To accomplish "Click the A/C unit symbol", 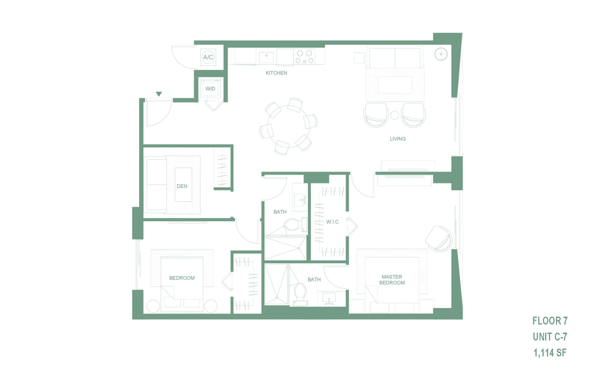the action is (x=208, y=57).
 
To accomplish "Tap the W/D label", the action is (x=210, y=89).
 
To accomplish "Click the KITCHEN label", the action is (x=276, y=73).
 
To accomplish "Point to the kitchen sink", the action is (x=266, y=58).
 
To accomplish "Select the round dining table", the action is (x=288, y=127).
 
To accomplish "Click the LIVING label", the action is (x=398, y=139).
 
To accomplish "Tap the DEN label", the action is (x=182, y=186).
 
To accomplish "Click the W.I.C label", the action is (x=333, y=222).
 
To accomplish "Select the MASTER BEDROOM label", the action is (x=392, y=280).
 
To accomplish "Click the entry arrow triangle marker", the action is (x=159, y=94).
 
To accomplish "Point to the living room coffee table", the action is (x=395, y=85).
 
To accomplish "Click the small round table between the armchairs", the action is (x=394, y=115).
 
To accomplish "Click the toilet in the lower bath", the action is (x=300, y=294).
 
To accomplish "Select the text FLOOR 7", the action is (x=550, y=321).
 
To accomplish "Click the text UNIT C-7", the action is (x=550, y=337).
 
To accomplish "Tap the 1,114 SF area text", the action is (x=550, y=352).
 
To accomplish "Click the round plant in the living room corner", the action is (x=441, y=54).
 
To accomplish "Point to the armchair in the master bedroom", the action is (x=439, y=238).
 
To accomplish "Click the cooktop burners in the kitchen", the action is (x=304, y=57).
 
